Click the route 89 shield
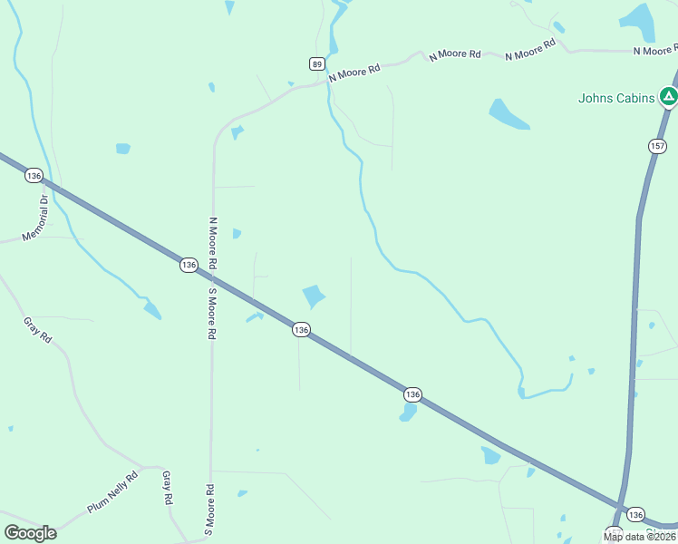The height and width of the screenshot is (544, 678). [316, 63]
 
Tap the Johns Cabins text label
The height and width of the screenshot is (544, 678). [616, 98]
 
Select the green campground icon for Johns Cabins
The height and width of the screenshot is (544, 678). [668, 95]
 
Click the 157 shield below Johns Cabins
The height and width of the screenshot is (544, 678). [657, 146]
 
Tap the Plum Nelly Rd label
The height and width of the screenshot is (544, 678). [113, 492]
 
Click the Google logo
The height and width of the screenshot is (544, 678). [30, 533]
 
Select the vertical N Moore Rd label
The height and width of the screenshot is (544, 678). [213, 243]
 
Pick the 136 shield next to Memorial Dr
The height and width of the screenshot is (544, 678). [34, 175]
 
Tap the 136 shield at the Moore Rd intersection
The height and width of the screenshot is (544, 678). [189, 265]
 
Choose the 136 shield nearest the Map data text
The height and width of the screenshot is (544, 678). [635, 513]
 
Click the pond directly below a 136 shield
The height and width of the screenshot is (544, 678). [408, 413]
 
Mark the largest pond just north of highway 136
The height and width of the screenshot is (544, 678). [314, 296]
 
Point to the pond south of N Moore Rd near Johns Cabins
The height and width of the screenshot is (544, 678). [508, 114]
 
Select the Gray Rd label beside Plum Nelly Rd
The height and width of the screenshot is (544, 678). [168, 488]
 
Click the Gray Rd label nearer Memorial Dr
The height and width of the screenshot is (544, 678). [38, 329]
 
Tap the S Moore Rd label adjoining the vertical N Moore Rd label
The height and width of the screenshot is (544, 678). [211, 313]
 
